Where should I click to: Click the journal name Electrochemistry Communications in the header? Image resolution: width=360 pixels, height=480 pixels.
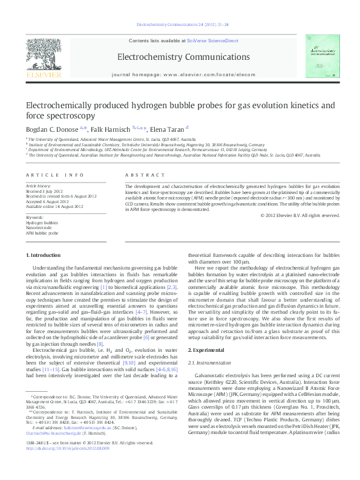click(x=180, y=57)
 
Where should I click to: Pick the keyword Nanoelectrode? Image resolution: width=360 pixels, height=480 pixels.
click(x=39, y=227)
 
